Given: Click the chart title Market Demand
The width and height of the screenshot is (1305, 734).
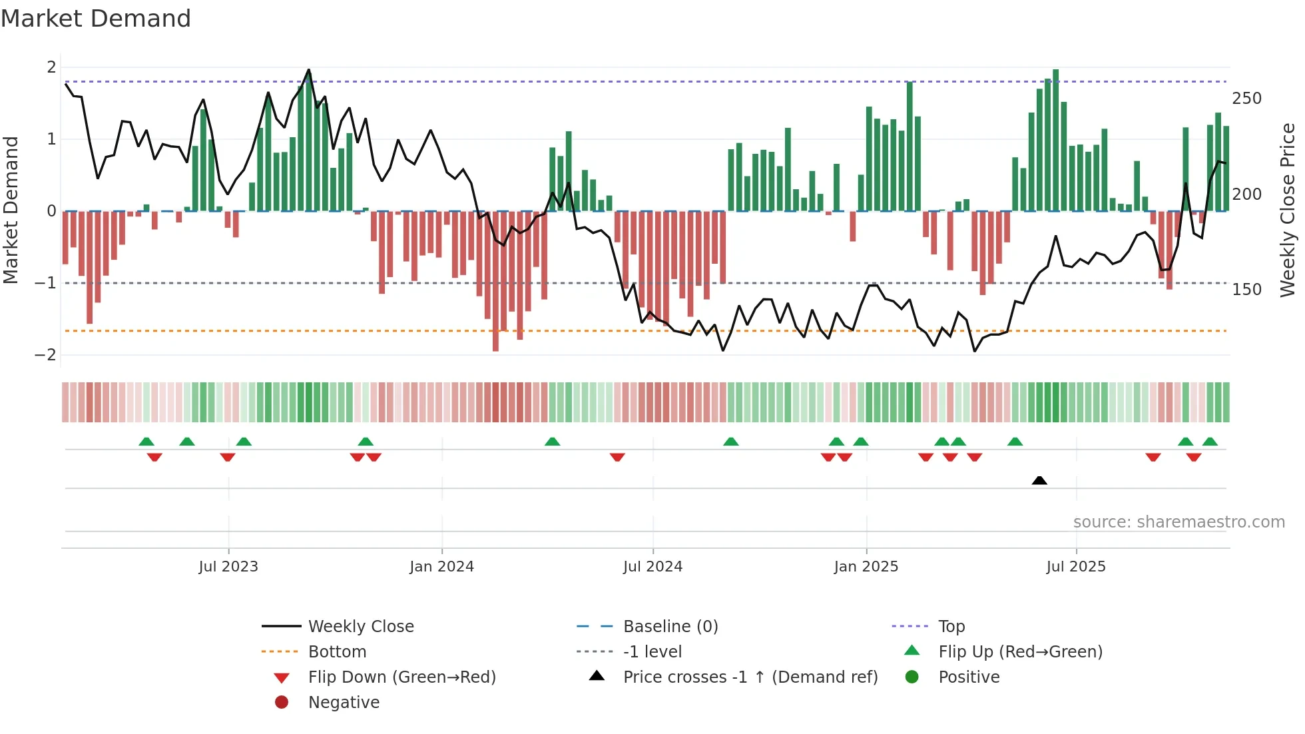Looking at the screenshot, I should point(96,19).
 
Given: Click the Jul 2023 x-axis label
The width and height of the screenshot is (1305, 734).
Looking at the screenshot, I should point(228,567).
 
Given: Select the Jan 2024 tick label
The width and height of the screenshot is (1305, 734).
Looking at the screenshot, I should point(441,567).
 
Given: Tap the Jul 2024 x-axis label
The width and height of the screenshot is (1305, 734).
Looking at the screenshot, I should point(652,567).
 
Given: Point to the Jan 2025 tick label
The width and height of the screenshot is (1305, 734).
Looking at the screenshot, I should point(866,567).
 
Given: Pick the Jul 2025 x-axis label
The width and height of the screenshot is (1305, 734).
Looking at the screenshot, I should point(1076,567).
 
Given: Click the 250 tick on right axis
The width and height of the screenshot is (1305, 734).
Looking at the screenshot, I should point(1246,99).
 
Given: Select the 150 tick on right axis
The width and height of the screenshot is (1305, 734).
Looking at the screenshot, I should point(1246,290).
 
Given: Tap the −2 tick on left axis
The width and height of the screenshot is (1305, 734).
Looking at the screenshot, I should point(45,355).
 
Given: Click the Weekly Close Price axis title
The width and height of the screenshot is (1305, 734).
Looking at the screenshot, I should point(1288,210).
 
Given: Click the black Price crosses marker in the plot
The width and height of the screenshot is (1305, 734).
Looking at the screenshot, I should point(1039,480).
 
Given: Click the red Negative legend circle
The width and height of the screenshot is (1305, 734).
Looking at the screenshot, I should point(282,702).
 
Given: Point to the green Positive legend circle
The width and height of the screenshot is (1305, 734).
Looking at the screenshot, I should point(912,677).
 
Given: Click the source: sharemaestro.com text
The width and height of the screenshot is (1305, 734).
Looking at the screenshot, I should point(1178,522).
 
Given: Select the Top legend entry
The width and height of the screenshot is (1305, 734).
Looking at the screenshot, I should point(951,627).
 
